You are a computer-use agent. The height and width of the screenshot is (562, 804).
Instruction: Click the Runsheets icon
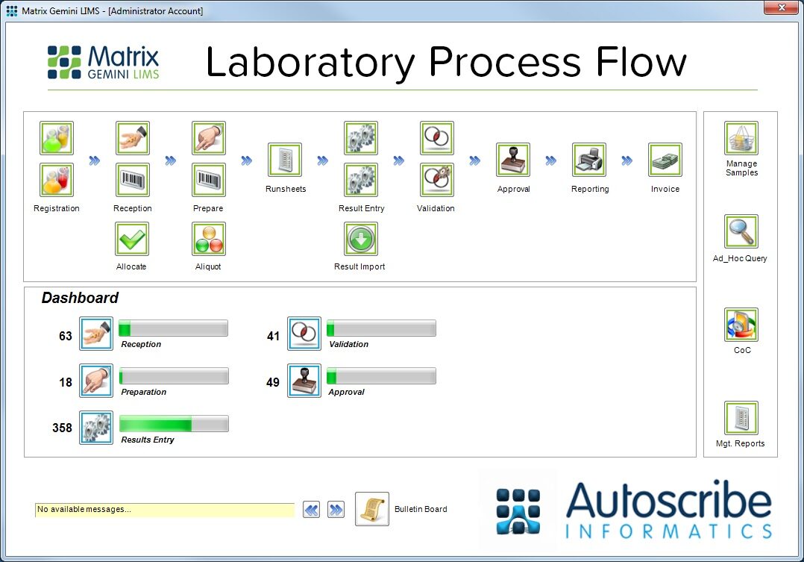click(285, 160)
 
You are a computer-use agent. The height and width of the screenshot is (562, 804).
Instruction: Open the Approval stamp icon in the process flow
click(513, 160)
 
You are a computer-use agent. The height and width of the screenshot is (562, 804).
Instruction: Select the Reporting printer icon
click(589, 160)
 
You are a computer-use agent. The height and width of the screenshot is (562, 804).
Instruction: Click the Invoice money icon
click(665, 160)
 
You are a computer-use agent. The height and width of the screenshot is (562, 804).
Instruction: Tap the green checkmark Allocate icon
click(132, 239)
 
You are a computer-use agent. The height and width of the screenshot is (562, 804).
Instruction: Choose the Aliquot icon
click(209, 239)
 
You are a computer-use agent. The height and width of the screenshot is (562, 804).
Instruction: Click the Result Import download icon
click(361, 239)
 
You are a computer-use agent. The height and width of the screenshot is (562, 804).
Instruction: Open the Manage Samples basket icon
click(741, 139)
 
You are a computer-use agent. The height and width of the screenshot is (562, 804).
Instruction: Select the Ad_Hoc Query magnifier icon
click(741, 232)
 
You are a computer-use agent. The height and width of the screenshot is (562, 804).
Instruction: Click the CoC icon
click(741, 325)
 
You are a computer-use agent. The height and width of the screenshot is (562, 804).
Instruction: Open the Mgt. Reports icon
click(741, 418)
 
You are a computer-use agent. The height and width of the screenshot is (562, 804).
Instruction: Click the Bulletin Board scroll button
click(371, 509)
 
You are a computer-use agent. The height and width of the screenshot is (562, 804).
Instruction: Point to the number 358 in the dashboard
click(62, 428)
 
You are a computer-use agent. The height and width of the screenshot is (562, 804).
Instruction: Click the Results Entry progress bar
click(174, 424)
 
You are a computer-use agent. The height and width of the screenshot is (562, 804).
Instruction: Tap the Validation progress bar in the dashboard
click(381, 328)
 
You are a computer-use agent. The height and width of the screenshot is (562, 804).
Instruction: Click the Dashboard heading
click(80, 298)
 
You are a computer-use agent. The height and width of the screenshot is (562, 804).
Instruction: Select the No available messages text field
click(164, 510)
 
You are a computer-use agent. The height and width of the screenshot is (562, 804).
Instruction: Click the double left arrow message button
click(312, 510)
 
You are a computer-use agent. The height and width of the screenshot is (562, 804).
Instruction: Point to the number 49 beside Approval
click(273, 382)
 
